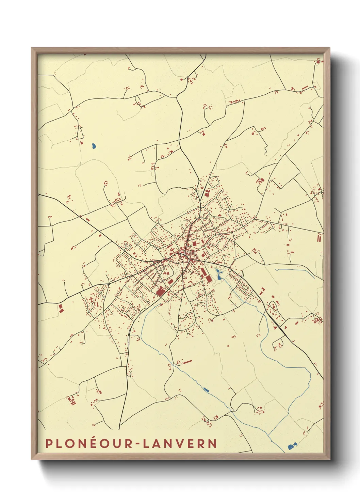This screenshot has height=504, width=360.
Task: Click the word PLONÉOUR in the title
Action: [88, 443]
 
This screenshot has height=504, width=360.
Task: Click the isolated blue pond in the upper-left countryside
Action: [94, 146]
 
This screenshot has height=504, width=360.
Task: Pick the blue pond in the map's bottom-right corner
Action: [292, 446]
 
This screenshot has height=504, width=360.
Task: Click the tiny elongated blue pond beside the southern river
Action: [206, 389]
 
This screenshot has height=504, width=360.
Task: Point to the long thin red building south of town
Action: [187, 361]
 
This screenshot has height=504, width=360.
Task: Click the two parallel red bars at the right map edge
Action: [320, 237]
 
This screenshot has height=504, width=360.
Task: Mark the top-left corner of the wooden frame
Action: [32, 48]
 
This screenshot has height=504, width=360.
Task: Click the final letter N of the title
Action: [213, 443]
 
